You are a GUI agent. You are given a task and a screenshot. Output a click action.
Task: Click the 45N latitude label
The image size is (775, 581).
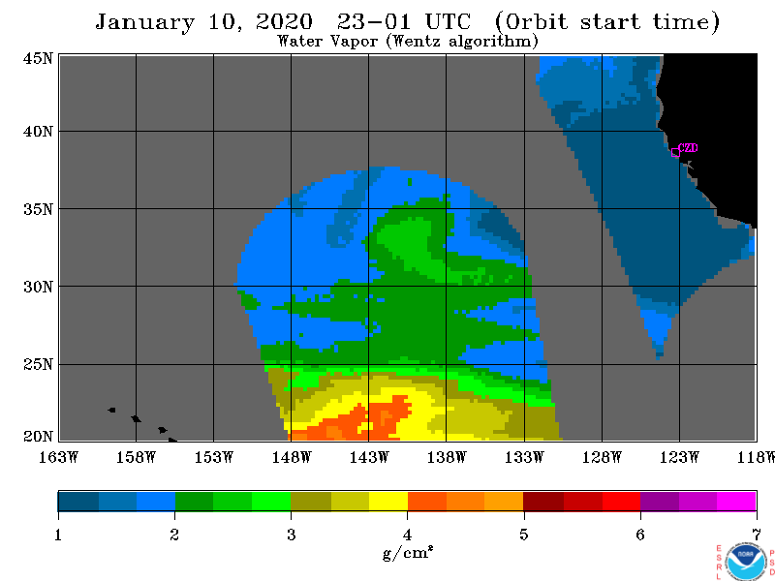[38, 59]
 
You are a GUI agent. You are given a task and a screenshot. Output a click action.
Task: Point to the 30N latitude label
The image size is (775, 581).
[38, 287]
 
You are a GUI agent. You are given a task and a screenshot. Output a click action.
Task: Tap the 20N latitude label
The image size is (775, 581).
[38, 437]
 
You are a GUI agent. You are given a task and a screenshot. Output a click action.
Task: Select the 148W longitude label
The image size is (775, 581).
[292, 457]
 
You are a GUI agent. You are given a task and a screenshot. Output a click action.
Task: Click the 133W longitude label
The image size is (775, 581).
[524, 457]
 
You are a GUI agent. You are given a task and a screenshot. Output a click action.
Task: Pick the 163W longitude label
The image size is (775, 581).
[58, 457]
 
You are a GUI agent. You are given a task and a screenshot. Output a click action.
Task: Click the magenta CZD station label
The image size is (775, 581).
[688, 148]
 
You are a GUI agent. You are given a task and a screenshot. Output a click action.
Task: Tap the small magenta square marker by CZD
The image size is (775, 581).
[675, 153]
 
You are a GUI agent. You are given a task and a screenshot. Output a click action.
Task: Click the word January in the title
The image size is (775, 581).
[144, 22]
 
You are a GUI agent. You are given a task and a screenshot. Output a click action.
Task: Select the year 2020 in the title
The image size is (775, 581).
[284, 22]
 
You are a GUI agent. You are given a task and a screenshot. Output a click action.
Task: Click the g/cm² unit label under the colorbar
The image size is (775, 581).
[408, 553]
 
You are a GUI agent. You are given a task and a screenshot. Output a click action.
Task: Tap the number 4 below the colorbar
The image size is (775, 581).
[407, 535]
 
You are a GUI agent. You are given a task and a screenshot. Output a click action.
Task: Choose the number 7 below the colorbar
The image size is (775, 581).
[757, 535]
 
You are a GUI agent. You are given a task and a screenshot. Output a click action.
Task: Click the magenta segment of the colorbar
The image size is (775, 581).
[736, 501]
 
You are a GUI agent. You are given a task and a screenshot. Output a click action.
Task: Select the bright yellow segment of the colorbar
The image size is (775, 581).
[388, 501]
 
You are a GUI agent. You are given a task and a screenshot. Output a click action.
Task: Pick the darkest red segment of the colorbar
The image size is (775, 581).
[543, 501]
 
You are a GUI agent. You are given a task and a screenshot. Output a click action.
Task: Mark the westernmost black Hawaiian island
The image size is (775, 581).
[111, 410]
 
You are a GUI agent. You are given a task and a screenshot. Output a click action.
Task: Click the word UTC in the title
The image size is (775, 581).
[448, 22]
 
